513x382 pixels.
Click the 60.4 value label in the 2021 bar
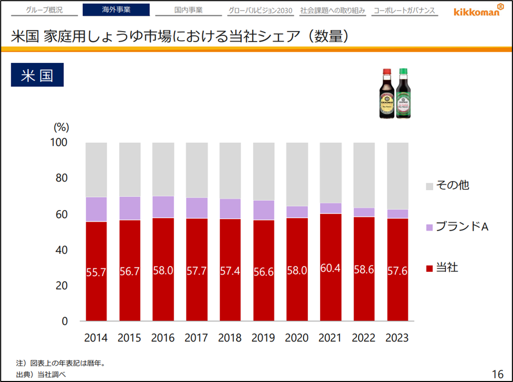pos(330,268)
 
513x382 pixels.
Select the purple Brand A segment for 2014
pos(96,209)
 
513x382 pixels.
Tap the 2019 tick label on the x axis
pos(263,338)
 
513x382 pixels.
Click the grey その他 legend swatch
pos(429,185)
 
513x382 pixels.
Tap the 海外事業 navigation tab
pos(116,10)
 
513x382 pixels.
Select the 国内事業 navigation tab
pos(188,10)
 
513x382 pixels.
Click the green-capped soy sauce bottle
pos(404,93)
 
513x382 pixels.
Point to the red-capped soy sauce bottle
pos(388,94)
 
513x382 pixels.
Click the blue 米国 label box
pos(37,75)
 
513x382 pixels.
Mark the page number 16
pos(497,374)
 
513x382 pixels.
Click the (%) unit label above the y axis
pos(61,127)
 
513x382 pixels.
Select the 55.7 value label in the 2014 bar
pos(96,272)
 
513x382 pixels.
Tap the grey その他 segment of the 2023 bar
pos(397,176)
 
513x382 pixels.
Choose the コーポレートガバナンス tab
pos(404,10)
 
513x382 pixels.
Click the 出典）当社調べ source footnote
pos(40,374)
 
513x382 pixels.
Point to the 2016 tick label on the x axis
pos(163,338)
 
